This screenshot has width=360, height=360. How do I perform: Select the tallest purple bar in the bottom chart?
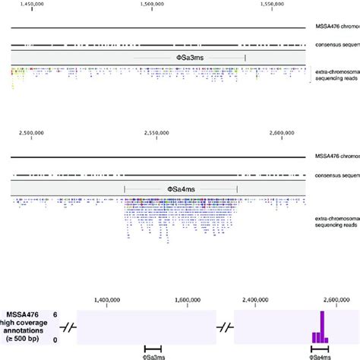tap(322, 327)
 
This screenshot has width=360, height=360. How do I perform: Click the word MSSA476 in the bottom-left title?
tap(24, 314)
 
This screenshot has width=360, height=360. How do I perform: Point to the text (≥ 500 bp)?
tap(25, 336)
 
